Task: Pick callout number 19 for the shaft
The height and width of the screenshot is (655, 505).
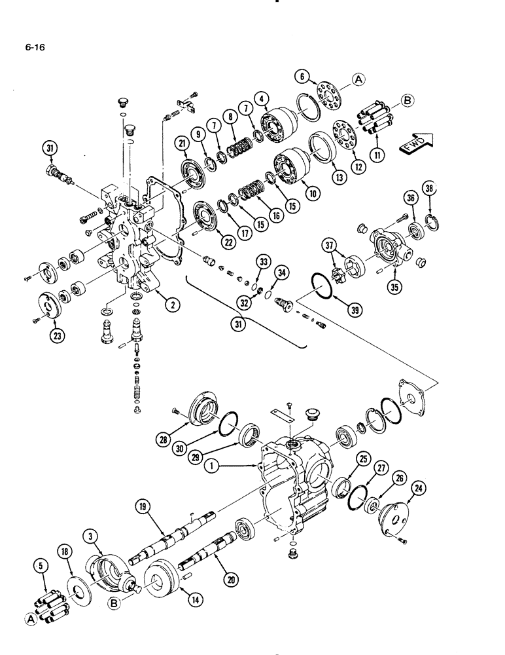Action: (x=142, y=506)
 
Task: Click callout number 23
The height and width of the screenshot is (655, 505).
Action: (x=53, y=338)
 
